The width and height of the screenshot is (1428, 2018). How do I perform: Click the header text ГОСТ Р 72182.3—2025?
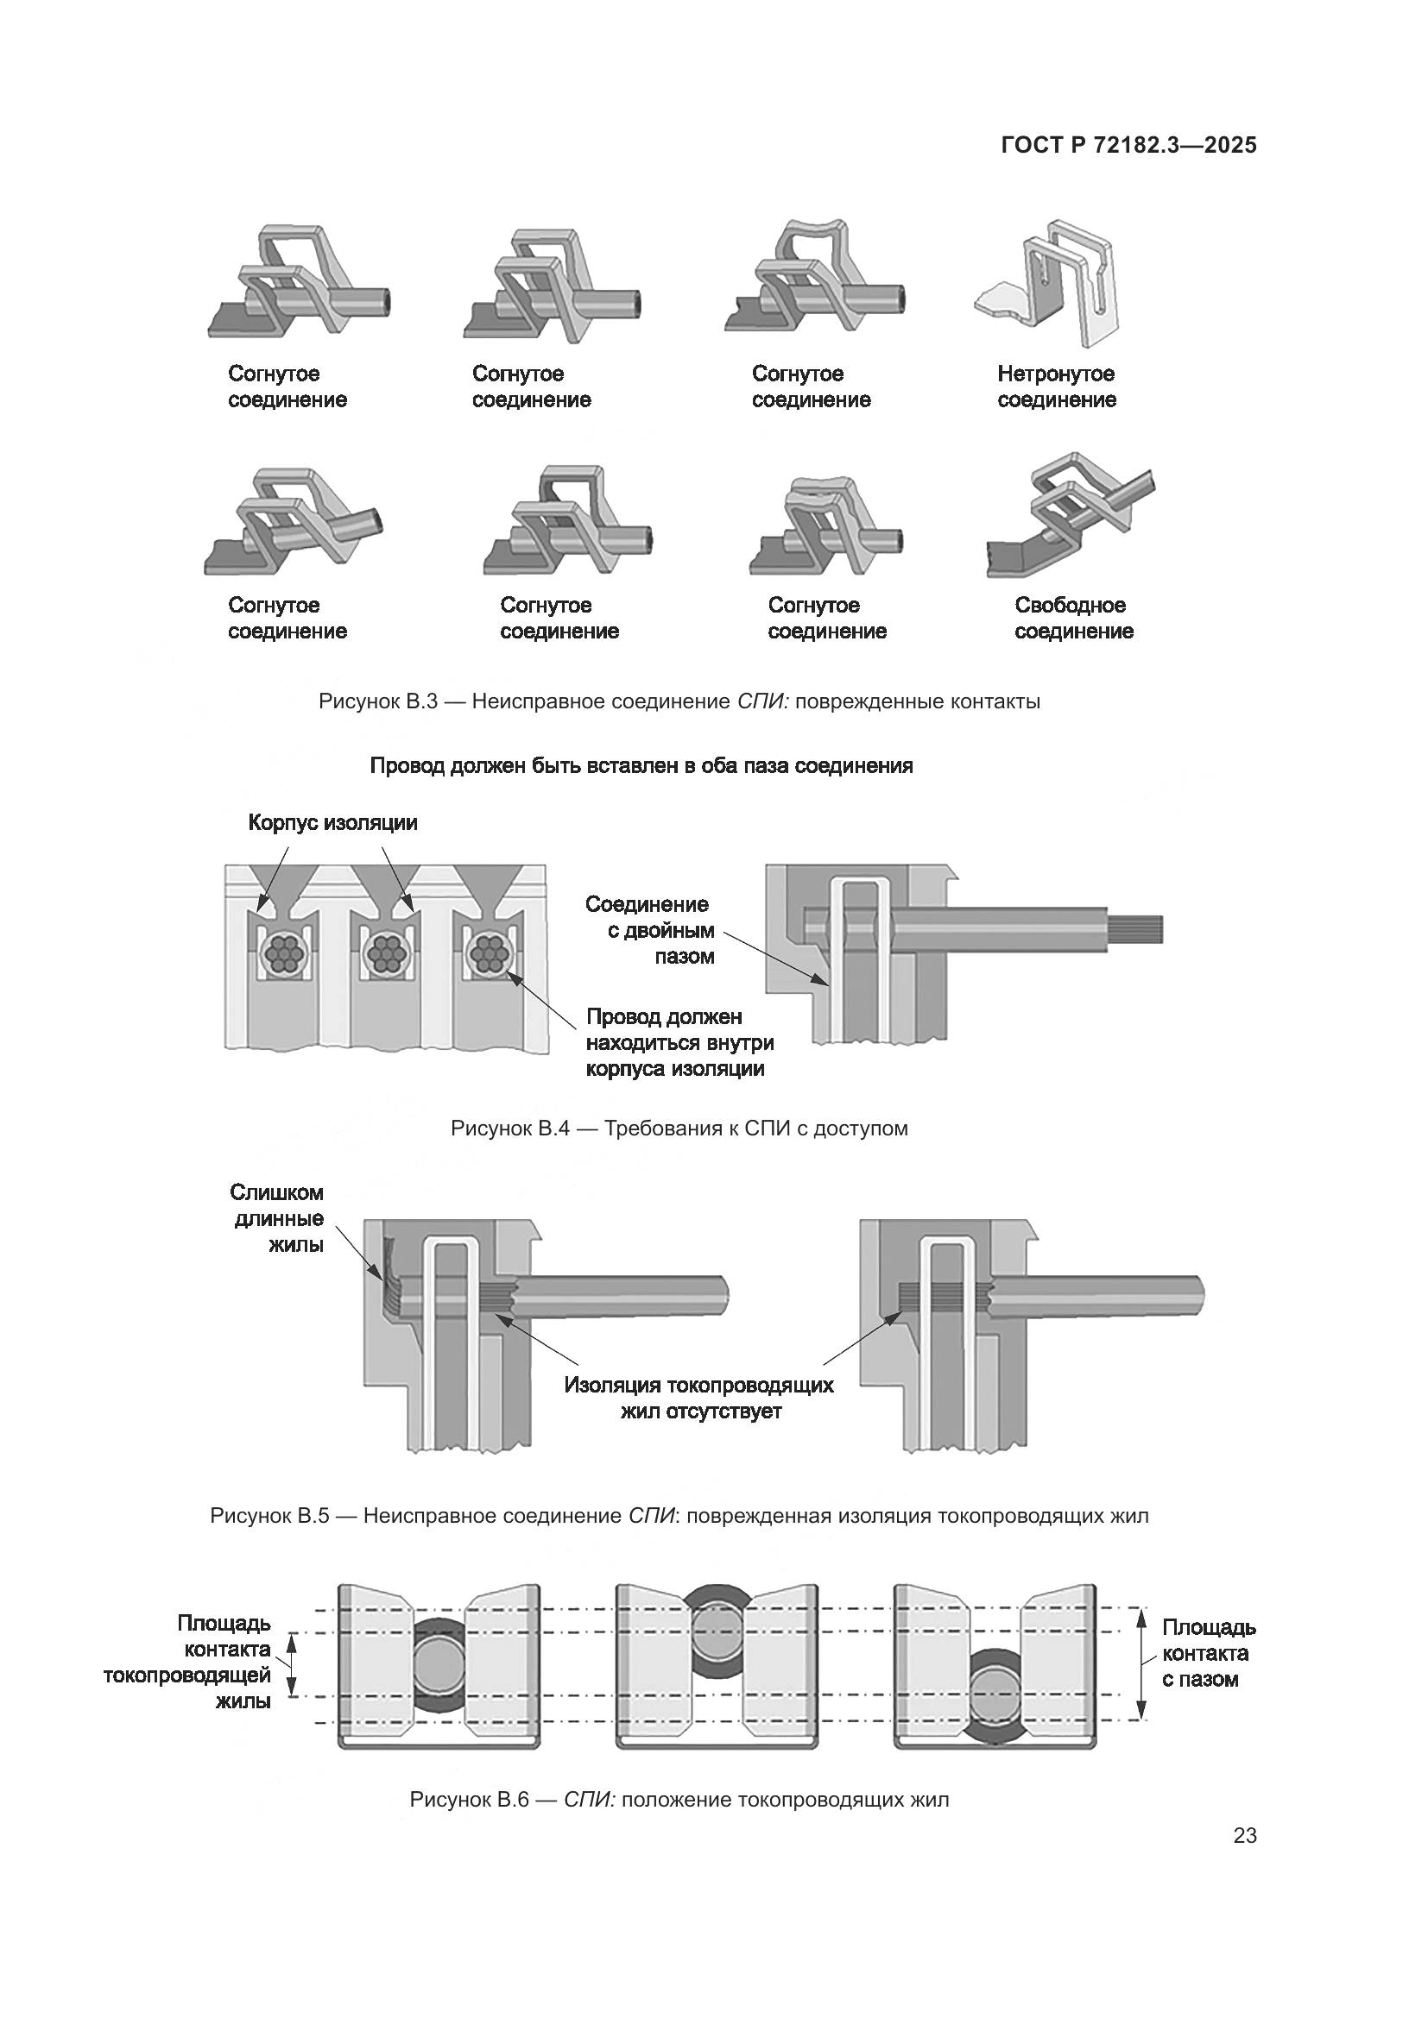[x=1128, y=146]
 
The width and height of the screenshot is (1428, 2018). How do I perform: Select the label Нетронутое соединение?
[x=1056, y=387]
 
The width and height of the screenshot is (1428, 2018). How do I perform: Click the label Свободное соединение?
[x=1073, y=618]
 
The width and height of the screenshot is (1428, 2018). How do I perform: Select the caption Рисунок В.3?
[x=679, y=701]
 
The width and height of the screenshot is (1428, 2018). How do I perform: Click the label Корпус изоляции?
[x=332, y=823]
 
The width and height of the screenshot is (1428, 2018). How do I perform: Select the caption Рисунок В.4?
[x=679, y=1128]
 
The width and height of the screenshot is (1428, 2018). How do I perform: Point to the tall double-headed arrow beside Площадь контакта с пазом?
[x=1141, y=1663]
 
